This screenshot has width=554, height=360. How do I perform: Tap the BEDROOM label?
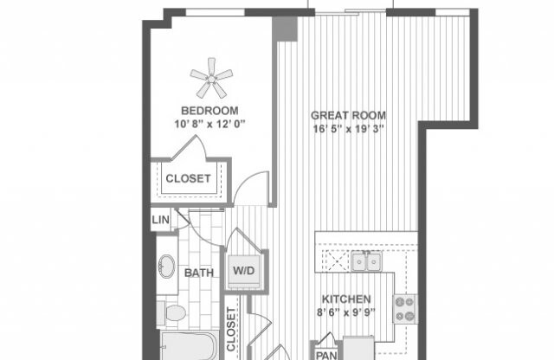click(x=209, y=110)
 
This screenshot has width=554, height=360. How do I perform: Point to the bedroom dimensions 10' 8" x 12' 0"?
click(x=209, y=124)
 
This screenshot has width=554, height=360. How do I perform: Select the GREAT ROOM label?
click(x=349, y=115)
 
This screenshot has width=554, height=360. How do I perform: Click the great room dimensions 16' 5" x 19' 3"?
click(x=349, y=129)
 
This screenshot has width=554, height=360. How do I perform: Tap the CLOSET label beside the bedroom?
click(x=190, y=179)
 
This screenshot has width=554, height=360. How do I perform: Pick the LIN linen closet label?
click(x=161, y=221)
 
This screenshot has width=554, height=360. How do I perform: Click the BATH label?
click(x=199, y=273)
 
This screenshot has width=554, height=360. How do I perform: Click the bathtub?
click(x=186, y=346)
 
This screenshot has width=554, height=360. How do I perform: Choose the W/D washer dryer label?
click(x=242, y=271)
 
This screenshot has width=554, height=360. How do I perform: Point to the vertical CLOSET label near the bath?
click(x=233, y=330)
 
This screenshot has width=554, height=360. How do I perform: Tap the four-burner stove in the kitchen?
click(x=404, y=306)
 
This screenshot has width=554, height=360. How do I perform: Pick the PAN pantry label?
click(x=325, y=353)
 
